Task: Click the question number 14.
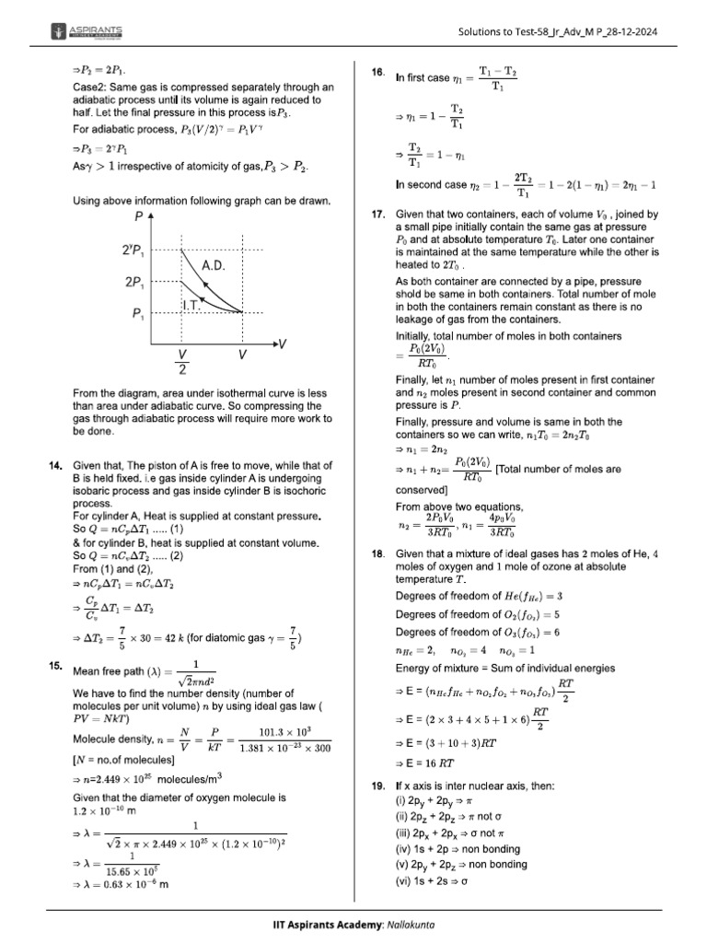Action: pyautogui.click(x=55, y=467)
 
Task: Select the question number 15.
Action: pyautogui.click(x=55, y=665)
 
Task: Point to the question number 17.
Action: pyautogui.click(x=377, y=215)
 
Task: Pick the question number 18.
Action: pyautogui.click(x=377, y=553)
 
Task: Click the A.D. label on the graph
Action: pyautogui.click(x=214, y=265)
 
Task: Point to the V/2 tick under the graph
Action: pyautogui.click(x=182, y=362)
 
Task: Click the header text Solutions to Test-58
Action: pyautogui.click(x=552, y=33)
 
